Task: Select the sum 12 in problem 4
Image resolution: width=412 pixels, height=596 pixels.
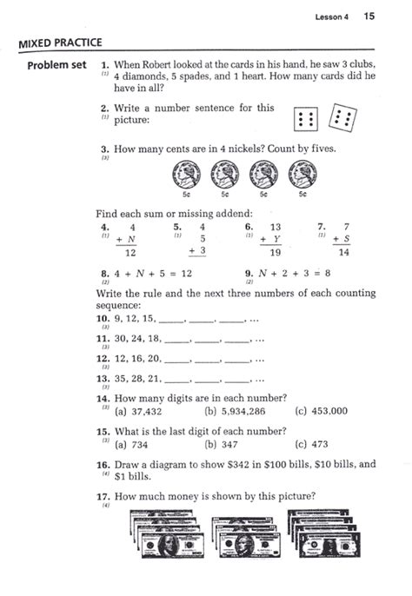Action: [130, 253]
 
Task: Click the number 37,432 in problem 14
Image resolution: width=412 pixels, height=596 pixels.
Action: [144, 411]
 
